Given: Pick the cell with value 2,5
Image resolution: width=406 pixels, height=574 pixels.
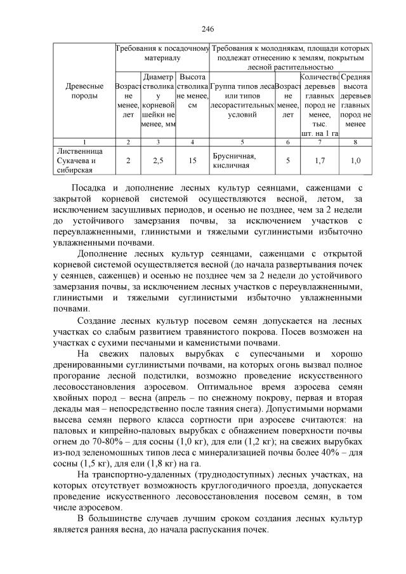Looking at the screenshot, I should click(159, 161).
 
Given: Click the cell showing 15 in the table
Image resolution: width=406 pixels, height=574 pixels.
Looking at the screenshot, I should click(192, 161).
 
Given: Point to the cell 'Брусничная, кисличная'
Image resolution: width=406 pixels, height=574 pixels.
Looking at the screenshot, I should click(234, 161).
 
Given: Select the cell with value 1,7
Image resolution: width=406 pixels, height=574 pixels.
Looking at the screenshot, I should click(320, 161).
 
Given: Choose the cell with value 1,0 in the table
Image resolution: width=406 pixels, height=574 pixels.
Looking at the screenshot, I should click(356, 161).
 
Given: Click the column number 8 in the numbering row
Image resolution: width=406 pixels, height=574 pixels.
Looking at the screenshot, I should click(356, 142).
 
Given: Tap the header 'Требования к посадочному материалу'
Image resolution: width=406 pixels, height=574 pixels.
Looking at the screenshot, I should click(162, 53).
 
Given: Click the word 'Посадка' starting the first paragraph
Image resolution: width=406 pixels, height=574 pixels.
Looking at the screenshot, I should click(88, 188).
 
